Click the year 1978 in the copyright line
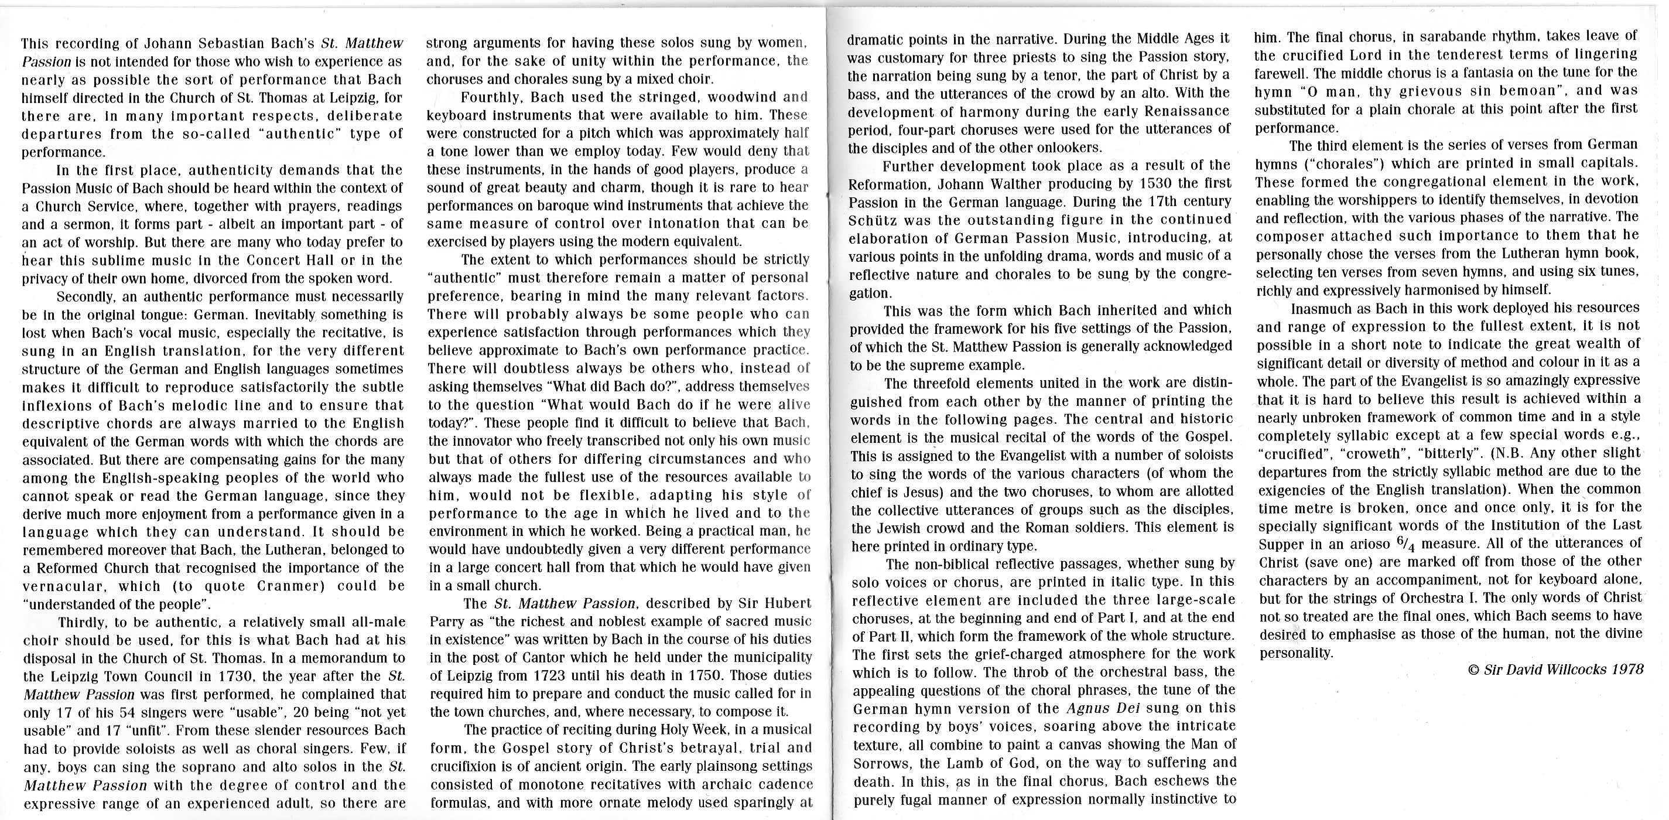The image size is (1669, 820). point(1626,669)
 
